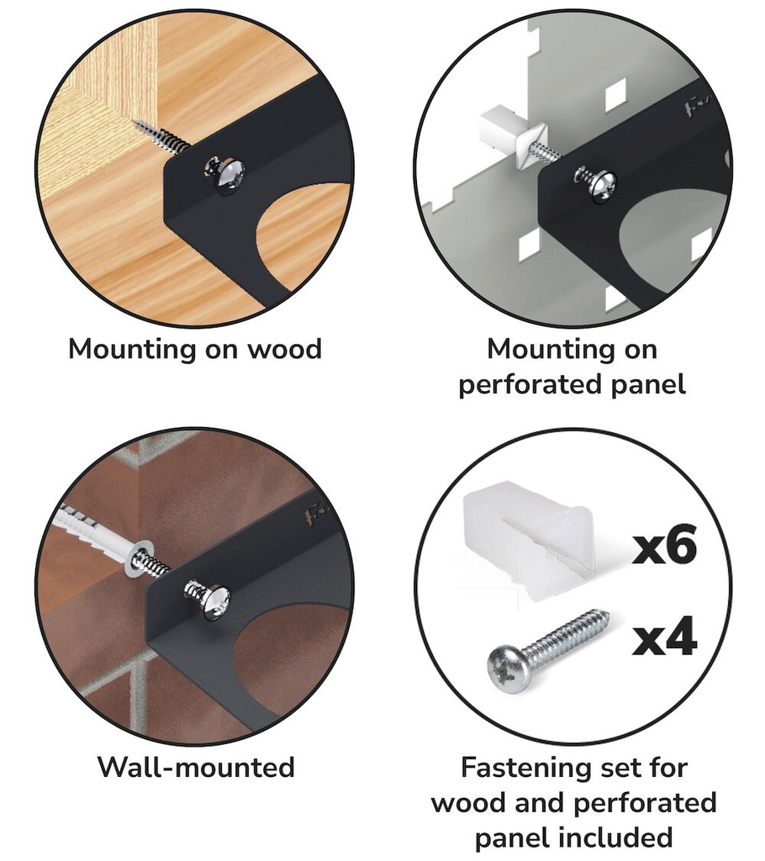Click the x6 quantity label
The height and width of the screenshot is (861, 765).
tap(664, 544)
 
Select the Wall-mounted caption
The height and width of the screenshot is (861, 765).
tap(196, 767)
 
